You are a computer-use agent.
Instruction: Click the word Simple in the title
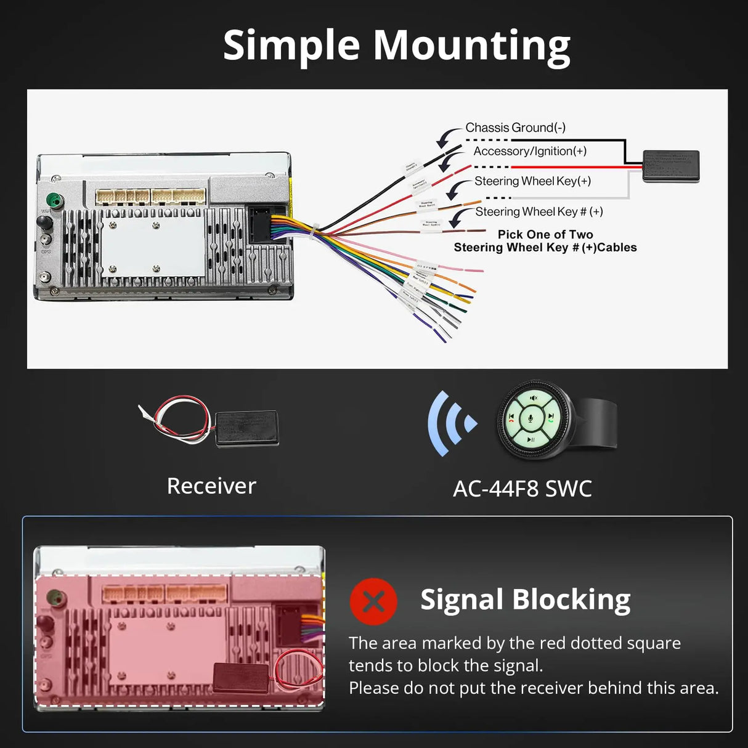point(291,45)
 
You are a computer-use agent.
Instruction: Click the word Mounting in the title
point(471,46)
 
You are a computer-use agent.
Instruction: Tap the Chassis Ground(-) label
point(515,128)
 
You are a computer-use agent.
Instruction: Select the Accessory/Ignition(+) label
point(530,151)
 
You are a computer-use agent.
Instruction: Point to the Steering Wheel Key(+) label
point(532,181)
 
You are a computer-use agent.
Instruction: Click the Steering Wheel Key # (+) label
point(539,211)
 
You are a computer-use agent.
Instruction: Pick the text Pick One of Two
point(545,234)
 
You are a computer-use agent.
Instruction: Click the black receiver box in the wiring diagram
point(671,166)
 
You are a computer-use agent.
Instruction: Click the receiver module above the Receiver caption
point(246,428)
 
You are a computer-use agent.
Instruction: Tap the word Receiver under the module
point(211,486)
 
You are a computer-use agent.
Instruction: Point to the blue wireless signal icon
point(451,424)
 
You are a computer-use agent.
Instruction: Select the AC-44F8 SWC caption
point(522,489)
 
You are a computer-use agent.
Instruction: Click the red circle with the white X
point(373,601)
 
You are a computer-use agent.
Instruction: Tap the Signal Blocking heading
point(525,600)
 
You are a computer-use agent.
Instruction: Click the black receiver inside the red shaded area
point(240,677)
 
